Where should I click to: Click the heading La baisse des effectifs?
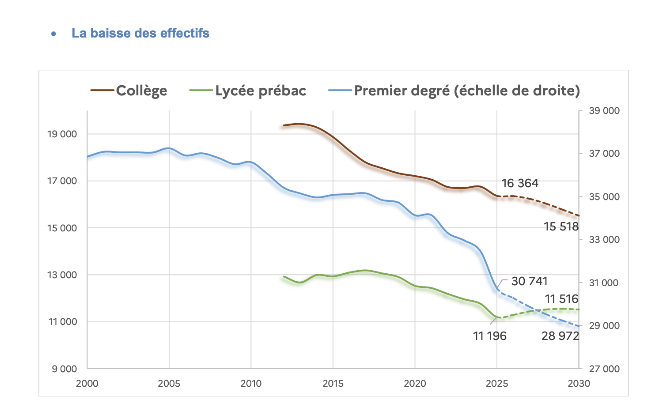pos(140,33)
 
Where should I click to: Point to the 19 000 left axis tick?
pos(62,134)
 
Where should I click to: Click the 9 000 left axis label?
pos(64,369)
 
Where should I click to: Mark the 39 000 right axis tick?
pos(604,111)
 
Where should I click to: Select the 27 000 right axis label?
pos(604,369)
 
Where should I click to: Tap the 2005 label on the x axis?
pos(169,384)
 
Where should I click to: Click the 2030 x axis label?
pos(579,384)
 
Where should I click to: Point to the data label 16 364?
pos(520,183)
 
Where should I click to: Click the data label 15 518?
pos(561,227)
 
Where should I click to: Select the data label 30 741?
pos(529,281)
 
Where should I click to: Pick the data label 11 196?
pos(490,336)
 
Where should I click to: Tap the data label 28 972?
pos(560,336)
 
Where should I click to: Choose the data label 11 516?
pos(561,299)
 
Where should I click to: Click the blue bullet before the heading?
pos(53,34)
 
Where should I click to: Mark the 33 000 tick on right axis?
pos(604,240)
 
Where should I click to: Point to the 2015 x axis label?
pos(333,384)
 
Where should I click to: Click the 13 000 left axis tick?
pos(62,275)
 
